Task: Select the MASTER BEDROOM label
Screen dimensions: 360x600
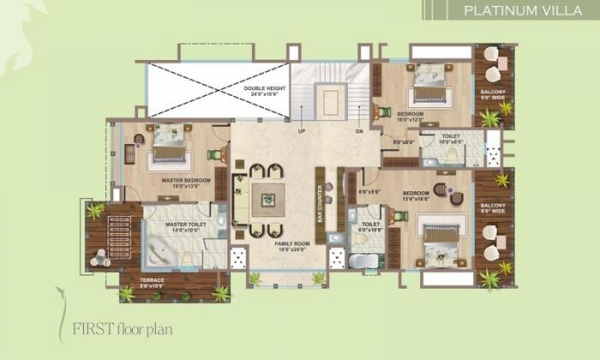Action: coord(186,182)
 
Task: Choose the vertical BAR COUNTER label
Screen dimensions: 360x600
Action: coord(320,203)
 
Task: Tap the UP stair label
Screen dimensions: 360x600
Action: coord(301,131)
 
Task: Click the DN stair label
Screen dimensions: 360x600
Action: coord(360,131)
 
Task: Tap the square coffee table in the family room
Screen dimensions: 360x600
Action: coord(268,198)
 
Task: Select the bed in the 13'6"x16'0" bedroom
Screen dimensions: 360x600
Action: coord(439,237)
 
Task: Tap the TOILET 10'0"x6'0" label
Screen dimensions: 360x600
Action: coord(452,140)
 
